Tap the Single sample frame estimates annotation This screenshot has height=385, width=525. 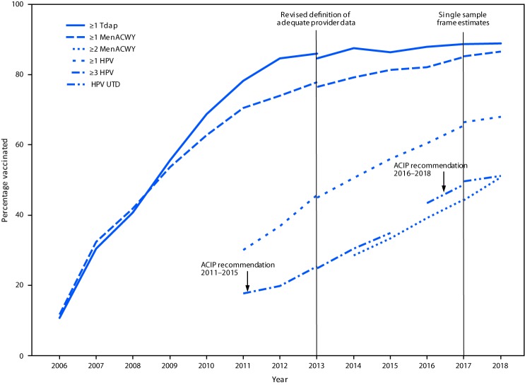(464, 18)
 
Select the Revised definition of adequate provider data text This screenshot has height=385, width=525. (317, 18)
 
